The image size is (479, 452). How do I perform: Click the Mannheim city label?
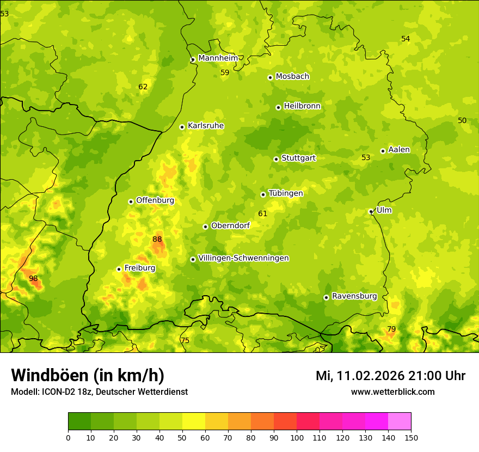[x=218, y=58]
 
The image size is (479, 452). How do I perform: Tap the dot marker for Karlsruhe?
[x=182, y=127]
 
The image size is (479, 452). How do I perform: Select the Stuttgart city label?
[x=298, y=158]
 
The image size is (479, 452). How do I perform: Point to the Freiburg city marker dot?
[x=119, y=269]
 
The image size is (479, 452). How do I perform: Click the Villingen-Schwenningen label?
[x=243, y=258]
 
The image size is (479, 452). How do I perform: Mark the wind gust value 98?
[x=33, y=278]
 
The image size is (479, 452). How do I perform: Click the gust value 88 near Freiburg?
[x=157, y=239]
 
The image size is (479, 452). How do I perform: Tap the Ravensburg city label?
[x=354, y=296]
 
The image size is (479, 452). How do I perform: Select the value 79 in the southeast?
[x=391, y=329]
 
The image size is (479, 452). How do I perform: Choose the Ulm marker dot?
[x=371, y=211]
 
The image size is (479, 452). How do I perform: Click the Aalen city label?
[x=399, y=150]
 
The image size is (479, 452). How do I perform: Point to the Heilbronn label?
[x=302, y=106]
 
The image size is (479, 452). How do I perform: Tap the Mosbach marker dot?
[x=270, y=77]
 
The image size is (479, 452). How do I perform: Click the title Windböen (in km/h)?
[x=87, y=375]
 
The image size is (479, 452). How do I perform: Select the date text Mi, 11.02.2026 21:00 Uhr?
[x=390, y=376]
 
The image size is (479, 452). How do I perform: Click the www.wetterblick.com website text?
[x=392, y=392]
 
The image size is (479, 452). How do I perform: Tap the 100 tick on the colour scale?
[x=297, y=437]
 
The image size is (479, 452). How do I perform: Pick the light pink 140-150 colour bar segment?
[x=400, y=422]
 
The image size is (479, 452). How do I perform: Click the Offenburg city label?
[x=155, y=200]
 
